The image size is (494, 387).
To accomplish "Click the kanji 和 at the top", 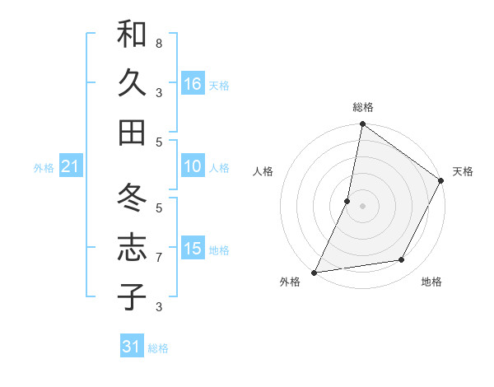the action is [x=132, y=35].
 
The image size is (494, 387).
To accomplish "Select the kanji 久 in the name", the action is [x=132, y=82].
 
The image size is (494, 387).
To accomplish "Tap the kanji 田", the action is [x=132, y=132].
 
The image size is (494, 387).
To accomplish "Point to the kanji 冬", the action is [x=132, y=198].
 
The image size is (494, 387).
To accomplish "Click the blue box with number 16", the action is [x=193, y=83].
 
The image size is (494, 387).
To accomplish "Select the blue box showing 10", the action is [x=193, y=166].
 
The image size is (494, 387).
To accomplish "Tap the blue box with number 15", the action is [x=193, y=248].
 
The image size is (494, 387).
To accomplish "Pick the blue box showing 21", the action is [x=71, y=166].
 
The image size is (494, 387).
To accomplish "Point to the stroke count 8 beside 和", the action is [x=159, y=43].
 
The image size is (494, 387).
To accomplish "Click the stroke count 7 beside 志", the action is [x=159, y=258].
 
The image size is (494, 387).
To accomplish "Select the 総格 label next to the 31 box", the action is [x=158, y=348].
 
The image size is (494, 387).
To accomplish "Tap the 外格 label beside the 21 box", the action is [x=44, y=168].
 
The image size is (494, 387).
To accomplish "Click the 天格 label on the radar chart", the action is [x=463, y=171].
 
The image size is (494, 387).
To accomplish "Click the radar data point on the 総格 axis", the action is [x=362, y=125].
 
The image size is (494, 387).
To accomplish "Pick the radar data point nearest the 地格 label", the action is [x=402, y=260].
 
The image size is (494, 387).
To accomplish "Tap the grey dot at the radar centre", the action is [x=362, y=205].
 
